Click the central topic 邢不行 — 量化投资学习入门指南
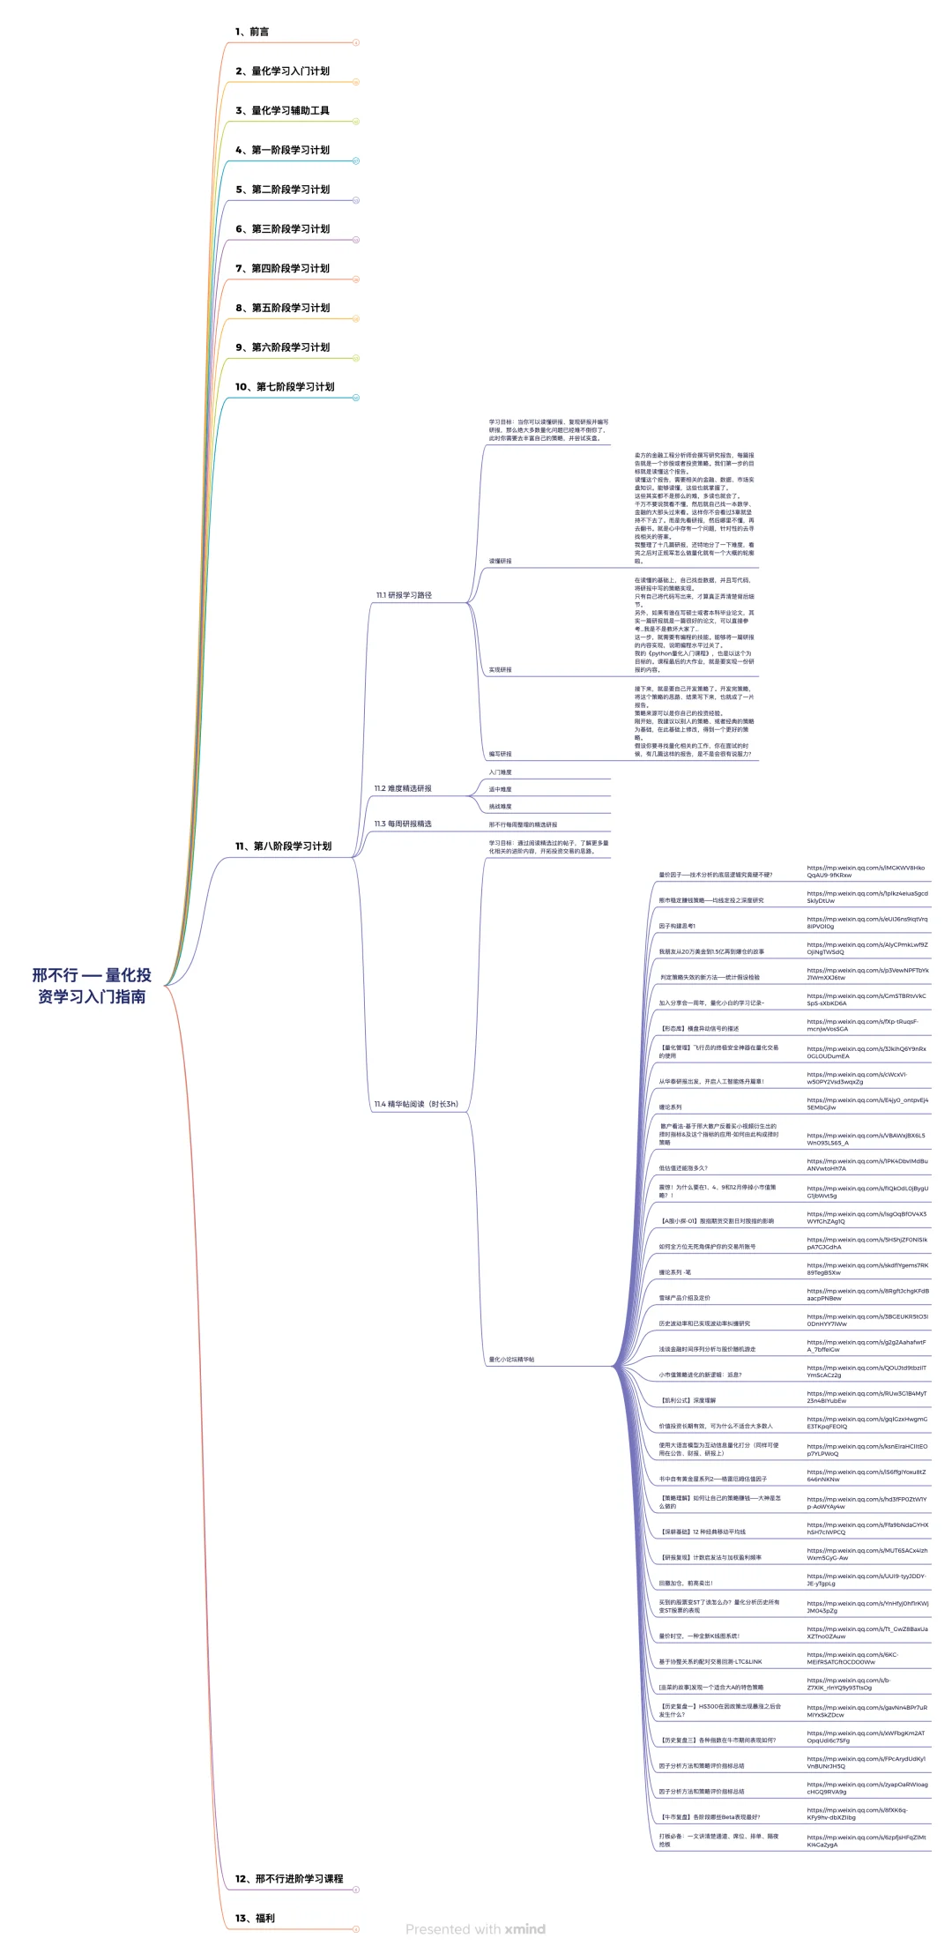tap(92, 986)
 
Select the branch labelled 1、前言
tap(252, 32)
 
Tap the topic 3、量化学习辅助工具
tap(282, 110)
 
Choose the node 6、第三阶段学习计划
tap(282, 228)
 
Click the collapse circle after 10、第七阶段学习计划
tap(356, 398)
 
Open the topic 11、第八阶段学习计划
tap(283, 846)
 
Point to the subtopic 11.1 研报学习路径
tap(404, 595)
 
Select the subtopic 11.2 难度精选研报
tap(403, 788)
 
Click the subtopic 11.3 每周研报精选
tap(403, 824)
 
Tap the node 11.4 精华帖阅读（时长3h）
tap(416, 1104)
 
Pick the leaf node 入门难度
tap(500, 772)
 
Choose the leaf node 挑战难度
tap(500, 807)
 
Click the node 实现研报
tap(500, 670)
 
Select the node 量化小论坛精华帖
tap(511, 1360)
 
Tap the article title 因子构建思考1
tap(677, 926)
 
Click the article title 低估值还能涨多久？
tap(683, 1168)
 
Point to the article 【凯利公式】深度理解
tap(688, 1400)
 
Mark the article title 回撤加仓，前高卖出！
tap(686, 1583)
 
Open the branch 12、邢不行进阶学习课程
tap(289, 1878)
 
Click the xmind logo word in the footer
tap(525, 1929)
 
